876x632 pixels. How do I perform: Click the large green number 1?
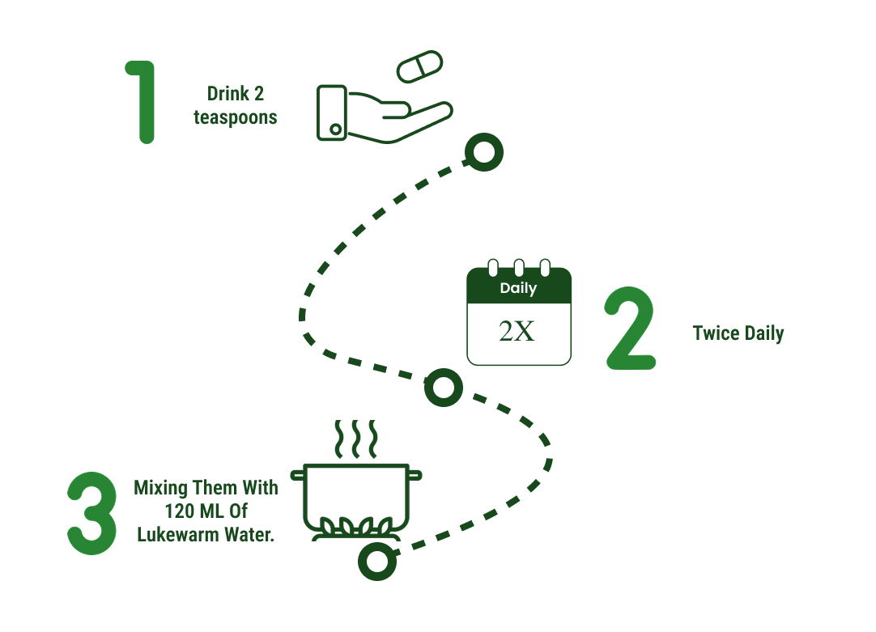pos(142,101)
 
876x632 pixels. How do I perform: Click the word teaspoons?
pos(235,117)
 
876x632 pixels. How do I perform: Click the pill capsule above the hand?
pos(420,66)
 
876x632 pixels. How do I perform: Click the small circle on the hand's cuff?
pos(336,129)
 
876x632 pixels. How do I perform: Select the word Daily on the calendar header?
pos(518,288)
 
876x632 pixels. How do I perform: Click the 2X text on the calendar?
pos(517,331)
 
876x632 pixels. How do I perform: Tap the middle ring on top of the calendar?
pos(519,267)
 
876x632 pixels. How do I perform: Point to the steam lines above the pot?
pos(356,439)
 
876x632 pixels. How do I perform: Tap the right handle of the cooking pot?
pos(415,472)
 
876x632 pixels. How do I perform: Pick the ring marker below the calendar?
pos(444,388)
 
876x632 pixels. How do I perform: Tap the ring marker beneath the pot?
pos(377,561)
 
